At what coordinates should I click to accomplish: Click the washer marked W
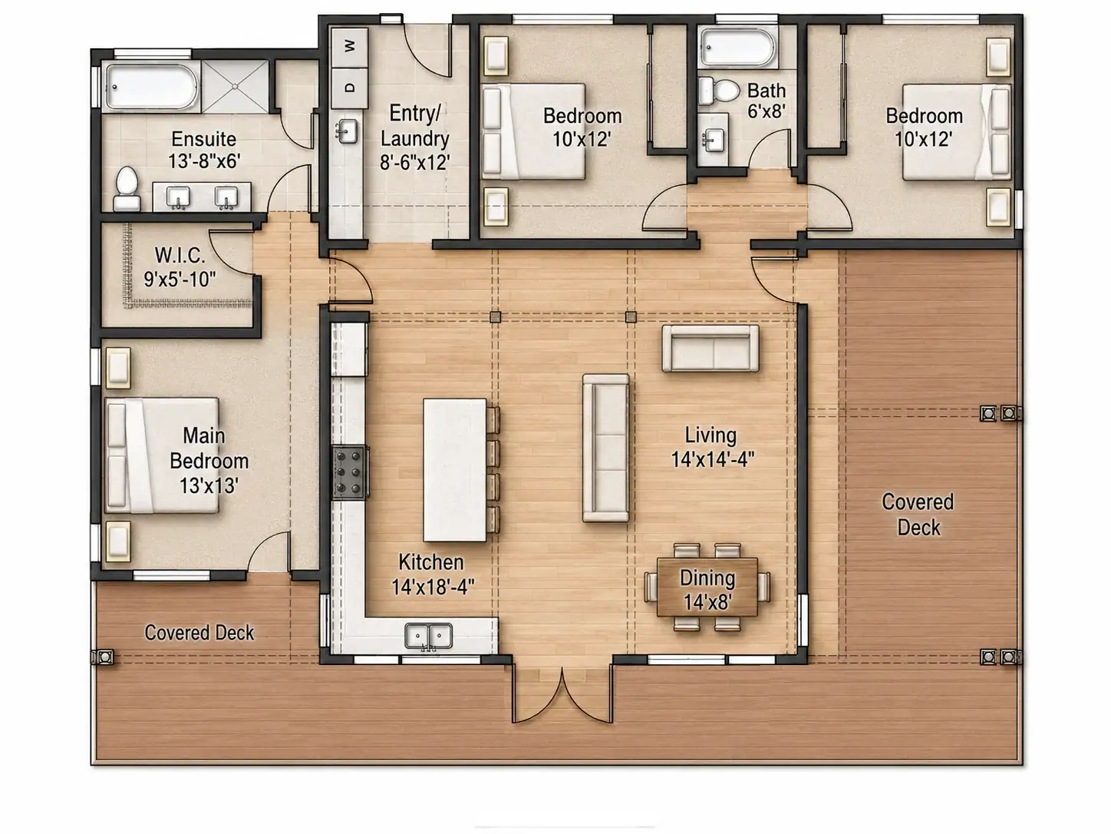[x=349, y=47]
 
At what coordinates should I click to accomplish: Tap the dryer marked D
[x=349, y=88]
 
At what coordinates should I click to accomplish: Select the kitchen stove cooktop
[x=350, y=472]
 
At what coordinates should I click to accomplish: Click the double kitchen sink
[x=429, y=636]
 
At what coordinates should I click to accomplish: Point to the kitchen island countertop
[x=454, y=470]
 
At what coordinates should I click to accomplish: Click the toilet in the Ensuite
[x=127, y=188]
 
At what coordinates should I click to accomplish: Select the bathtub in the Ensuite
[x=151, y=87]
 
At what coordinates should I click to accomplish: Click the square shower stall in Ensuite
[x=235, y=87]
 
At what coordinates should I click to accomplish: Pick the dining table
[x=707, y=587]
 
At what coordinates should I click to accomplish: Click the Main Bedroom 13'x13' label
[x=209, y=460]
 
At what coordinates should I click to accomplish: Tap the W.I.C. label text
[x=180, y=256]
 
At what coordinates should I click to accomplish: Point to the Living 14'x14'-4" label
[x=713, y=447]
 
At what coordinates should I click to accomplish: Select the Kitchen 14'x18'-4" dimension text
[x=433, y=587]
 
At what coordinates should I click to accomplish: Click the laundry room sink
[x=348, y=131]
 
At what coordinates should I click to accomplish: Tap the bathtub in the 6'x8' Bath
[x=737, y=47]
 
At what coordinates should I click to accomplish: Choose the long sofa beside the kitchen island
[x=606, y=448]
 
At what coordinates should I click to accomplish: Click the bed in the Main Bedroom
[x=161, y=455]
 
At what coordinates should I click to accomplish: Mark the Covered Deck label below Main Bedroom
[x=199, y=633]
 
